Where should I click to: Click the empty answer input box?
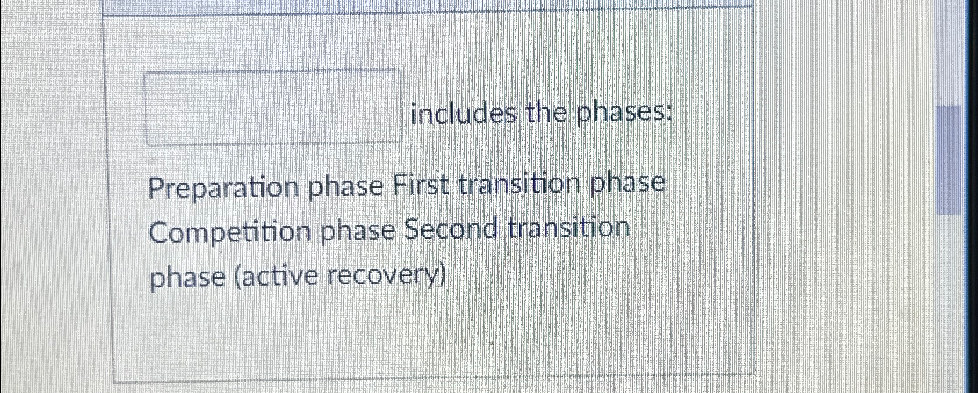coord(273,106)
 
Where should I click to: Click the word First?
coord(421,186)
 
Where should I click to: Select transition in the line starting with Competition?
coord(569,228)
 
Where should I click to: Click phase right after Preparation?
coord(345,188)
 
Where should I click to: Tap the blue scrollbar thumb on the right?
coord(948,160)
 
